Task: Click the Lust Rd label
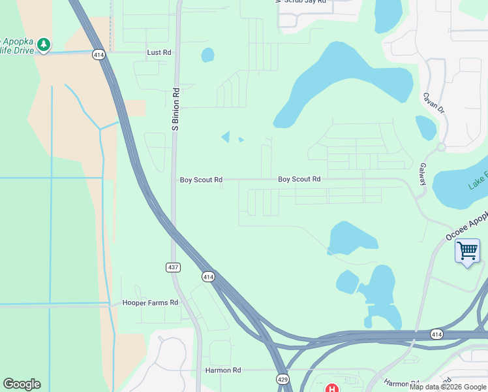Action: [159, 52]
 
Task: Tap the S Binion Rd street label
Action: [175, 110]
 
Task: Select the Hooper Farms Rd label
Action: [150, 303]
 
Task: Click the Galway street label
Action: [422, 174]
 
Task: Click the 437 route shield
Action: [173, 267]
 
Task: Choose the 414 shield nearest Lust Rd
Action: [99, 55]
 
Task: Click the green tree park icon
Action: [44, 44]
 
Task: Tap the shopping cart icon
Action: [467, 251]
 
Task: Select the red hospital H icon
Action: [331, 388]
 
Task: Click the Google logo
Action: [22, 384]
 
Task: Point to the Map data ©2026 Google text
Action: [448, 387]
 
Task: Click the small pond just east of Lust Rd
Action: [207, 55]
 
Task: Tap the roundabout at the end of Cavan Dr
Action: [442, 147]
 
